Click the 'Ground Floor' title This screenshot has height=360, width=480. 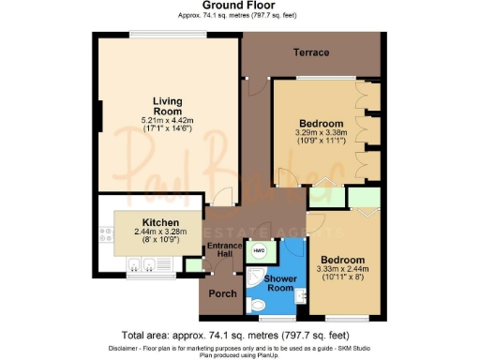pos(239,5)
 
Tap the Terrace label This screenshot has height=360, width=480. pos(310,52)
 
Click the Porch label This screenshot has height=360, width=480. pos(222,294)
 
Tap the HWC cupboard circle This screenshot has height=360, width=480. pos(258,251)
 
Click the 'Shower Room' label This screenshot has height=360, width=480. pos(278,283)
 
